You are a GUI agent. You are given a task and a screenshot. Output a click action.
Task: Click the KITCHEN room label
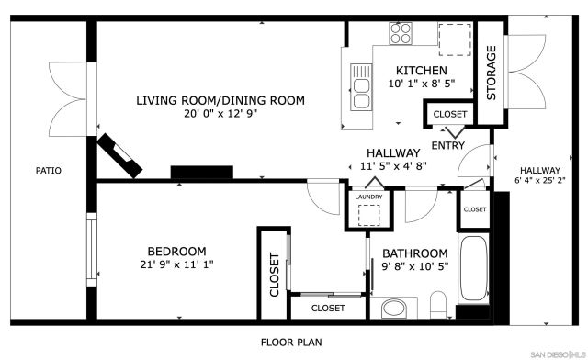pos(421,71)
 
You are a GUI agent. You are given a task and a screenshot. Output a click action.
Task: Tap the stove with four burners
pos(402,34)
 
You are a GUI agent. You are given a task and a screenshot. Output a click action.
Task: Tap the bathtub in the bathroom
pos(475,272)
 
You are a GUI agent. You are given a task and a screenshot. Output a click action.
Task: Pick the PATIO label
pos(48,170)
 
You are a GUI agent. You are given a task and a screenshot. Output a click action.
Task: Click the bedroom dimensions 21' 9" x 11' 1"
pos(176,265)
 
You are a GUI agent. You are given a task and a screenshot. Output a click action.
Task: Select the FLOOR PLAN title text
pos(290,343)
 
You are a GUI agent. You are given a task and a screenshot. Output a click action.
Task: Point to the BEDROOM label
pos(176,251)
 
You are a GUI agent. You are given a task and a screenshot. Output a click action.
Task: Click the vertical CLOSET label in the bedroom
pos(274,276)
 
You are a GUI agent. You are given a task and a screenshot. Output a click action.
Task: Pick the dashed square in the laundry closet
pos(368,215)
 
